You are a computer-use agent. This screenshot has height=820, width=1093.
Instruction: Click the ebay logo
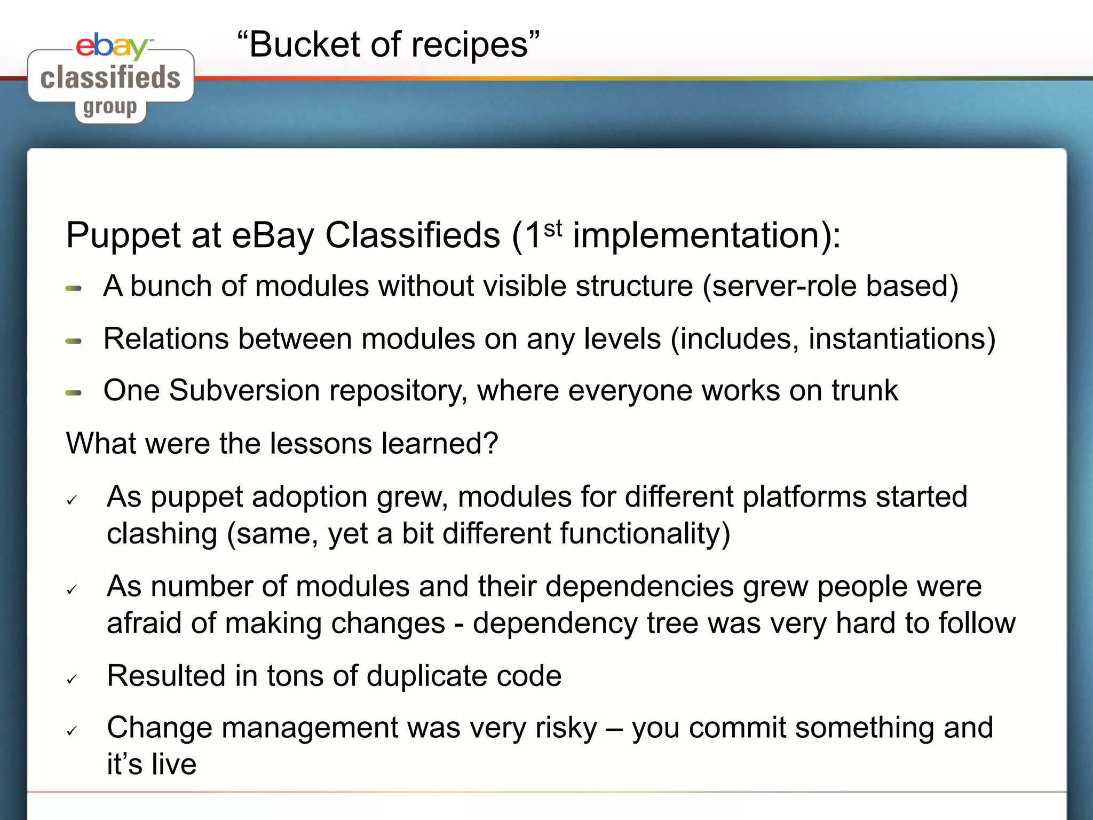(x=112, y=46)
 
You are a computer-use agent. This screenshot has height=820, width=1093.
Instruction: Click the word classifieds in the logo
(x=110, y=77)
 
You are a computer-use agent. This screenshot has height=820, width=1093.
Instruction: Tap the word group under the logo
(x=110, y=107)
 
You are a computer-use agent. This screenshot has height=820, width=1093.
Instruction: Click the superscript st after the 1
(x=553, y=229)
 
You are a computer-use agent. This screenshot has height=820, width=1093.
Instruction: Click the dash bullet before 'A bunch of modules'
(x=74, y=288)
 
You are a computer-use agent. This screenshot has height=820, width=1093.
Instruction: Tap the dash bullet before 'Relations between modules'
(x=74, y=341)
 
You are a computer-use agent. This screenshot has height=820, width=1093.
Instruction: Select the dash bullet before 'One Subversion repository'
(x=74, y=393)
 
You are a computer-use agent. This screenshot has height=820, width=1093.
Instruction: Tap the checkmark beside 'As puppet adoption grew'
(x=72, y=500)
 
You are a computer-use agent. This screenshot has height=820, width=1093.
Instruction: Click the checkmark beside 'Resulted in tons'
(x=72, y=679)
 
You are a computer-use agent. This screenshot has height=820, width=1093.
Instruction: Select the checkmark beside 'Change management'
(x=72, y=731)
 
